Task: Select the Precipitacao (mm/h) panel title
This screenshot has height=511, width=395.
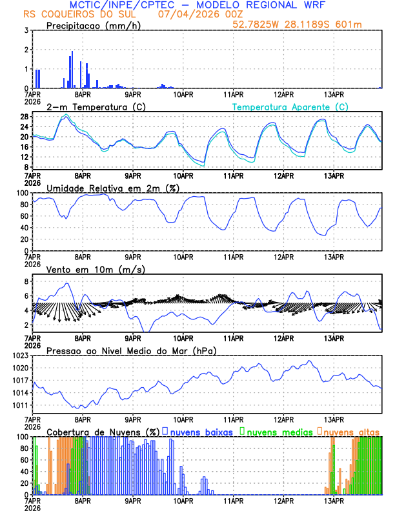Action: tap(94, 25)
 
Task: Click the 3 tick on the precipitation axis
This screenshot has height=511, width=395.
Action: tap(25, 30)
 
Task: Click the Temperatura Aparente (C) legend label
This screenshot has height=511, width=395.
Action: tap(290, 106)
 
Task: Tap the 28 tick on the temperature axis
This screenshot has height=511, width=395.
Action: tap(23, 117)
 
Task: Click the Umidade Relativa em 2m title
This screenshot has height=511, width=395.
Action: tap(112, 188)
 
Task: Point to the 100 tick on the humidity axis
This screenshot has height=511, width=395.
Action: tap(21, 193)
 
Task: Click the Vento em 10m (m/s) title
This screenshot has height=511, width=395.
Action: tap(95, 269)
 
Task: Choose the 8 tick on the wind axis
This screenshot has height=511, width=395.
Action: tap(25, 282)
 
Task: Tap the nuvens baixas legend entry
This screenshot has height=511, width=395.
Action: tap(200, 431)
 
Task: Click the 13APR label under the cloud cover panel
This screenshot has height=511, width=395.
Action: tap(333, 501)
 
